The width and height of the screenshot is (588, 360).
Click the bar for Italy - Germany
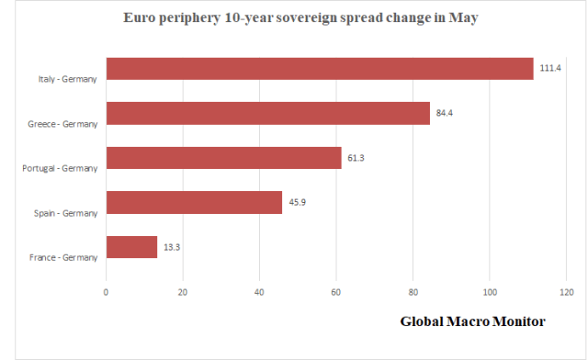pyautogui.click(x=320, y=69)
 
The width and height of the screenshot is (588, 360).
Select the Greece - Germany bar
pyautogui.click(x=268, y=113)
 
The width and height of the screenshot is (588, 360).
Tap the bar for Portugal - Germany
pyautogui.click(x=224, y=158)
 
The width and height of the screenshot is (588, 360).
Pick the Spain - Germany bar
pyautogui.click(x=194, y=202)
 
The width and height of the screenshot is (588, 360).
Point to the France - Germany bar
pyautogui.click(x=131, y=247)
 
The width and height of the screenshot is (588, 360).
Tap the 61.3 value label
pyautogui.click(x=357, y=159)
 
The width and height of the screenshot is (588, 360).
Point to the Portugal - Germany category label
pyautogui.click(x=60, y=168)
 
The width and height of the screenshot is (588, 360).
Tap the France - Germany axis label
pyautogui.click(x=62, y=257)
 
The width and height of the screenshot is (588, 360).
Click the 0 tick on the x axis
pyautogui.click(x=107, y=292)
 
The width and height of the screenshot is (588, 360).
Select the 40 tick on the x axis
pyautogui.click(x=259, y=292)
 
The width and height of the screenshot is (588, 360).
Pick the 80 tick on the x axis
pyautogui.click(x=413, y=292)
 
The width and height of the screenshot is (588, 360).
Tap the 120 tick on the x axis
pyautogui.click(x=565, y=292)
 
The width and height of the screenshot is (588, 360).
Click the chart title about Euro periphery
pyautogui.click(x=294, y=18)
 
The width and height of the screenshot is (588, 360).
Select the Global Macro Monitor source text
pyautogui.click(x=472, y=322)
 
